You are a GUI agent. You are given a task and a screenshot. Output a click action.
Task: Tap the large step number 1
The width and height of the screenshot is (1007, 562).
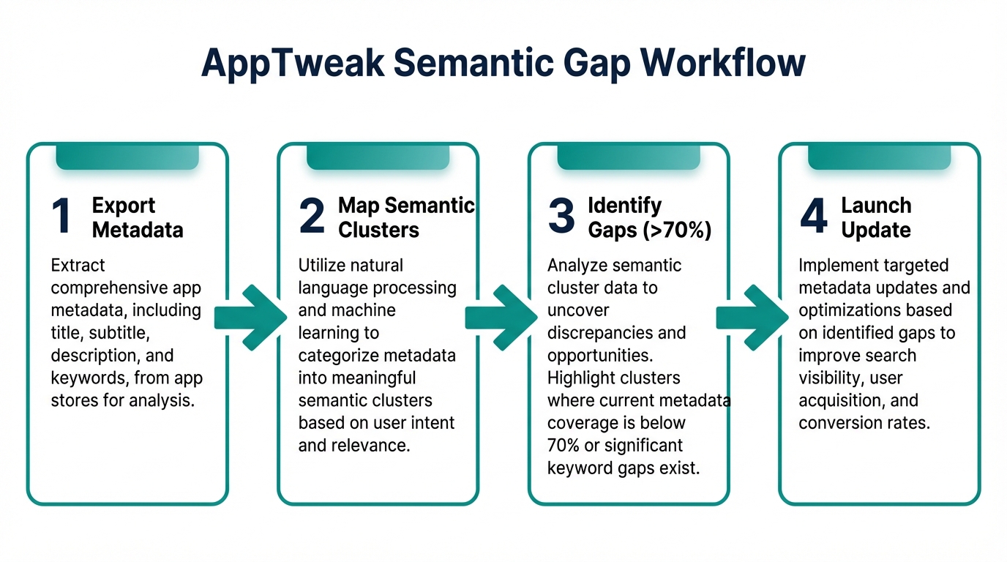click(x=61, y=217)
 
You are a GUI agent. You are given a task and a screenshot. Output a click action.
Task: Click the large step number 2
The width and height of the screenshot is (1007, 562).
click(x=312, y=217)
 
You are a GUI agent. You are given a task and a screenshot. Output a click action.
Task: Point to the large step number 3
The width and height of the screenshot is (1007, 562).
click(x=561, y=217)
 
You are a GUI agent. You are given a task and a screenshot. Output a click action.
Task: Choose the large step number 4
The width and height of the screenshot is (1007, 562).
click(x=813, y=217)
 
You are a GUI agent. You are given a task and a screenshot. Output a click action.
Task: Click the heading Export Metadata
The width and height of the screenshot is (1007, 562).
click(x=138, y=217)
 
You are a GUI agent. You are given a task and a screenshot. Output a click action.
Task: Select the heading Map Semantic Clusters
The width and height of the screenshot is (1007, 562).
click(x=406, y=217)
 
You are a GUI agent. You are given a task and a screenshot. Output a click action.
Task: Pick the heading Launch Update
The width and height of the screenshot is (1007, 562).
click(x=876, y=217)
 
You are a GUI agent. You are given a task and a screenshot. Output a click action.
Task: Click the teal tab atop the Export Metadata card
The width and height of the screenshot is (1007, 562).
click(x=127, y=157)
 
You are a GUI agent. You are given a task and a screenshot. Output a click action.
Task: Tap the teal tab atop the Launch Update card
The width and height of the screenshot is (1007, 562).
click(x=879, y=157)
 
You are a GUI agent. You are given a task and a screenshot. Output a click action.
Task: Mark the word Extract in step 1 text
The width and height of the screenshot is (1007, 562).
click(x=78, y=265)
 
